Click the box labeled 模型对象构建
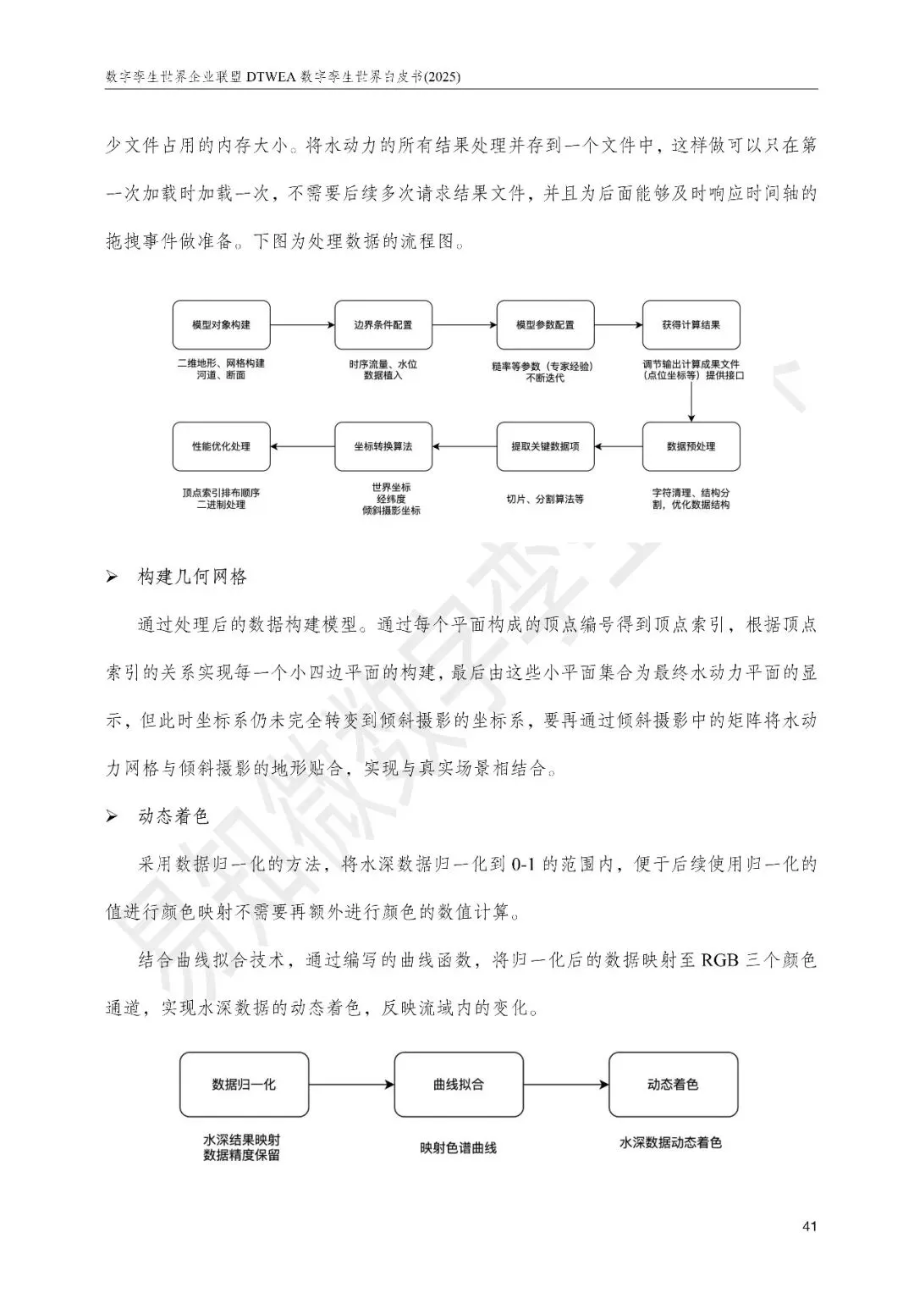[222, 325]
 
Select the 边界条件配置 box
[383, 325]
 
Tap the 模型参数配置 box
[545, 325]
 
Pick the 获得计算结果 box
[691, 325]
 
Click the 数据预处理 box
[691, 446]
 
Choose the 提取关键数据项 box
[545, 446]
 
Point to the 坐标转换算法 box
[383, 446]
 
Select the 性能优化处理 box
[222, 446]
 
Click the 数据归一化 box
[244, 1085]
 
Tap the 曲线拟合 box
[458, 1085]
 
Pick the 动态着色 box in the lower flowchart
[673, 1085]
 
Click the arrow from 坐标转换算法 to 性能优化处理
[302, 446]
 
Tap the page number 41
[808, 1227]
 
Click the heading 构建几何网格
[192, 577]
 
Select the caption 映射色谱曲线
[458, 1148]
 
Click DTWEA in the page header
[270, 77]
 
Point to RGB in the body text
[720, 960]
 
